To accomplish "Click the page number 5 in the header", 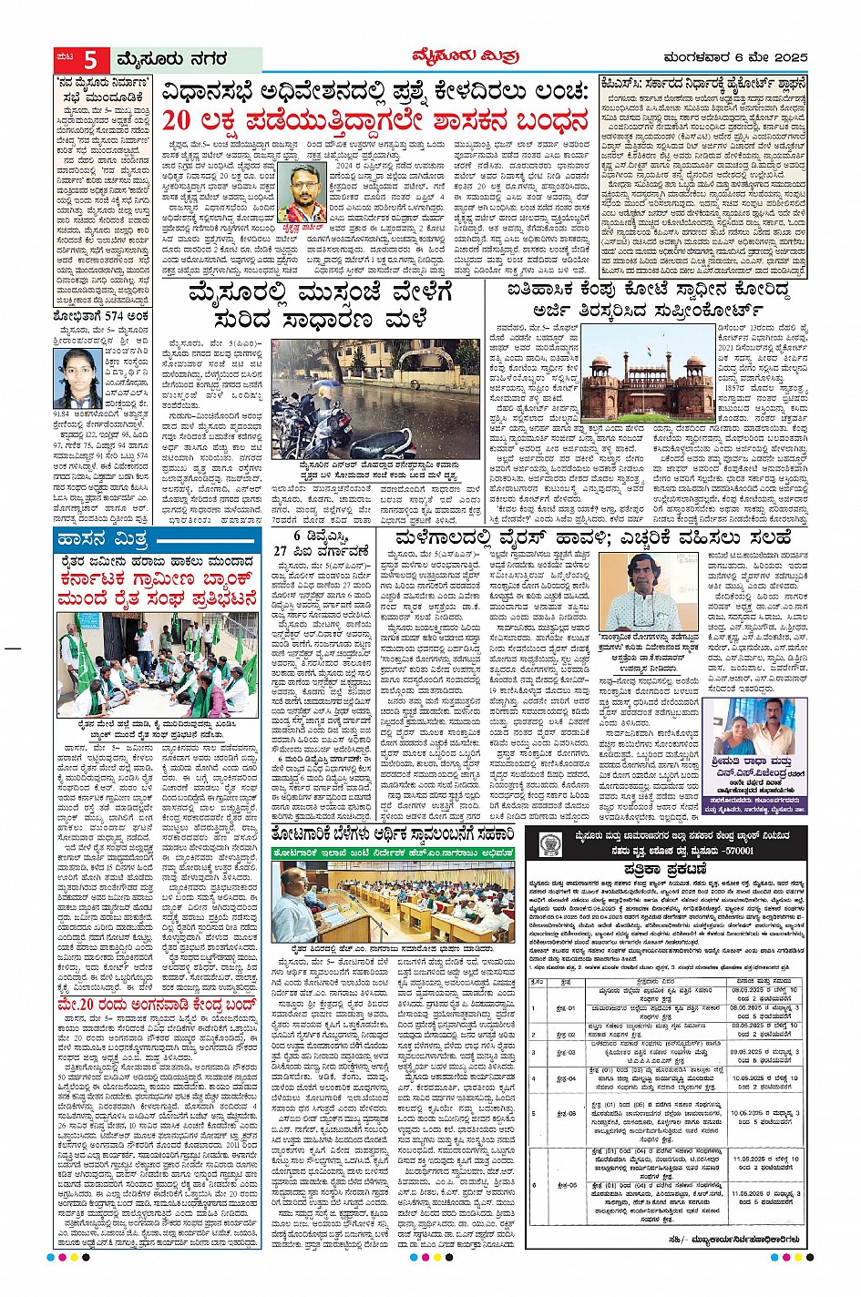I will tap(89, 60).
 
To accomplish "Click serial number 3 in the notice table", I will tap(535, 1053).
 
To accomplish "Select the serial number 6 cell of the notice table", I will tap(535, 1185).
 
